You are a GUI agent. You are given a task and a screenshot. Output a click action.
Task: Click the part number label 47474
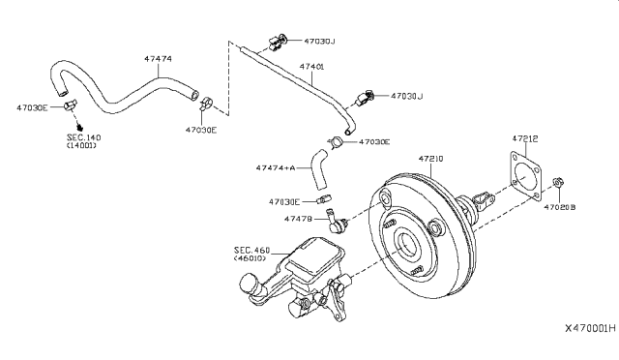click(x=158, y=59)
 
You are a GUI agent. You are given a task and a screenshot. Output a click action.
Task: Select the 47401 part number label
click(x=311, y=67)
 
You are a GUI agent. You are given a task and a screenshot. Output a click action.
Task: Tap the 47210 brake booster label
click(x=430, y=159)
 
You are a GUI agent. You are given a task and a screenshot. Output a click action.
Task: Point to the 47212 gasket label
click(x=525, y=138)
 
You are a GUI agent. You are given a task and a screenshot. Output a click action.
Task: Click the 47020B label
click(x=560, y=207)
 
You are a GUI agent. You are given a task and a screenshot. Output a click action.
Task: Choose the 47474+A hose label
click(x=276, y=167)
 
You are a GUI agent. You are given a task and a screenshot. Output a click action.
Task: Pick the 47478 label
click(x=298, y=219)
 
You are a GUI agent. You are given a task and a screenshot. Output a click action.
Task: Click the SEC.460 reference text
click(x=251, y=250)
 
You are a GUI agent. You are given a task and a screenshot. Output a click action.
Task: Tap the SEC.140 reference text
click(x=84, y=137)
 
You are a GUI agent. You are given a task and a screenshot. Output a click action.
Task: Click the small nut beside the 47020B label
click(x=558, y=183)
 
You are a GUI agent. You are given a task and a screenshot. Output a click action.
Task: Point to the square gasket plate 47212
click(x=525, y=176)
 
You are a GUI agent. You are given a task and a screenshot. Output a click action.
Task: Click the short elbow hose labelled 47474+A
click(x=319, y=168)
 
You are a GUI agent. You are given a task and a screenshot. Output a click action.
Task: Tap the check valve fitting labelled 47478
click(x=336, y=222)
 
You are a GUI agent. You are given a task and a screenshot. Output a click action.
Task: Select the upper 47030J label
click(x=319, y=41)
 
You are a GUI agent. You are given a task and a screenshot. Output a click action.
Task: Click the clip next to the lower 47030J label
click(x=365, y=98)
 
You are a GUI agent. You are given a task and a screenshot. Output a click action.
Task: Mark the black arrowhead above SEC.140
click(x=80, y=127)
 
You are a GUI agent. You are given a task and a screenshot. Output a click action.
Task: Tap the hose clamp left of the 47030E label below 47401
click(x=336, y=141)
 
